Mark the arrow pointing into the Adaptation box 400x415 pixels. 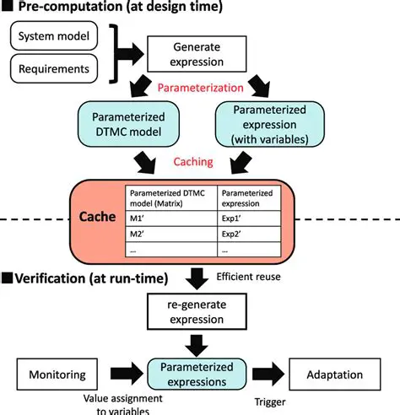[x=270, y=372]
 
